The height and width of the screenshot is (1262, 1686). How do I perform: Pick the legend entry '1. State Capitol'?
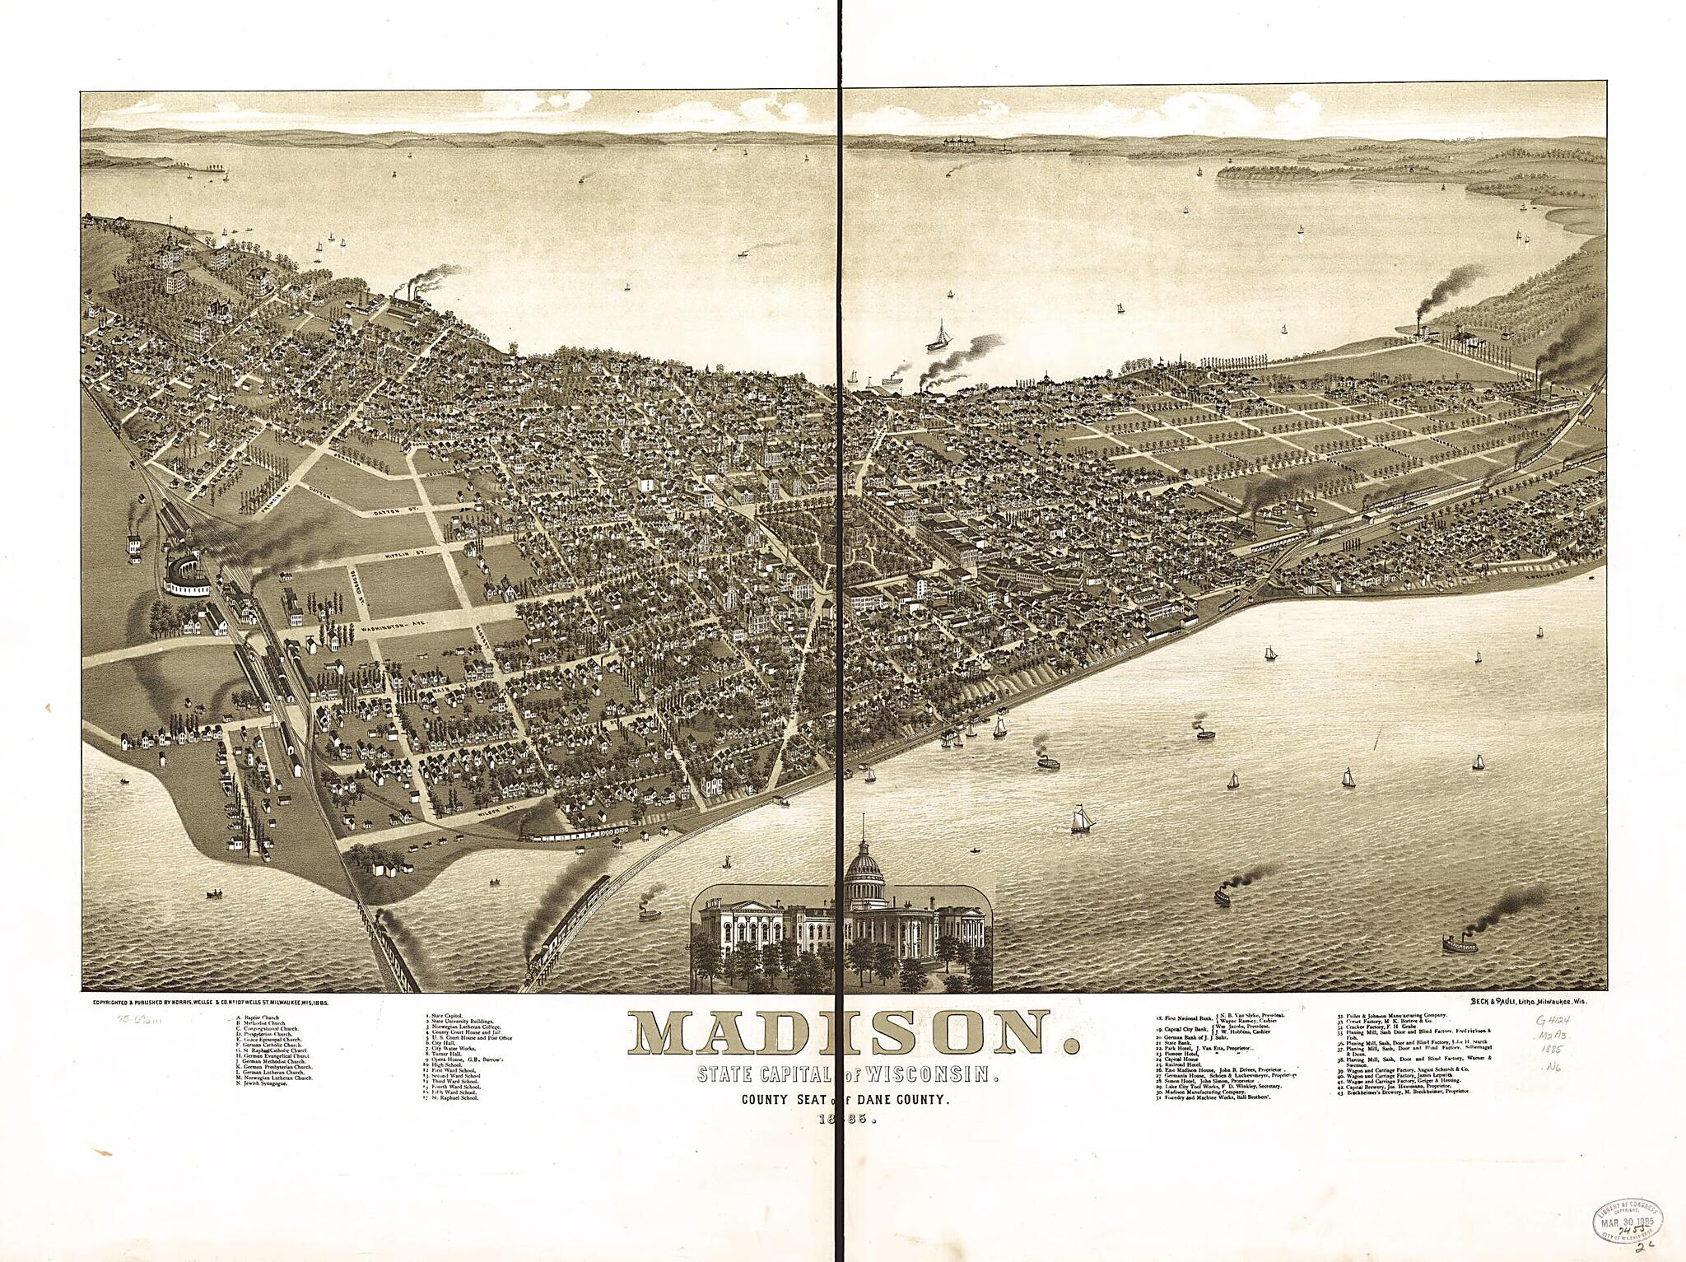(445, 1018)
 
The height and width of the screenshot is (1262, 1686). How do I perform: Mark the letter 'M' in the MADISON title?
(668, 1034)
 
